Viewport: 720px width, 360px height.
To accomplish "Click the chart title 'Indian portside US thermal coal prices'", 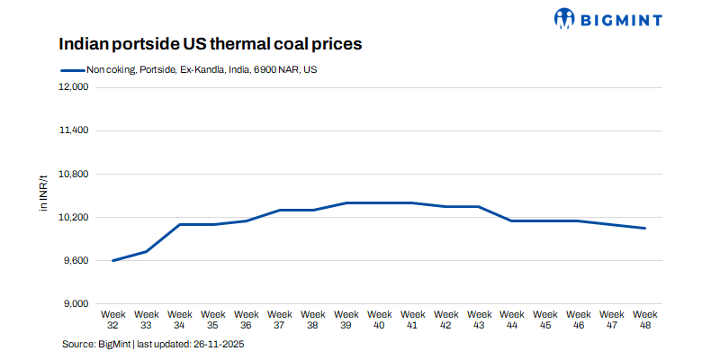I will coord(211,43).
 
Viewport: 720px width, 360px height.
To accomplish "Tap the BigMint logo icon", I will coord(564,18).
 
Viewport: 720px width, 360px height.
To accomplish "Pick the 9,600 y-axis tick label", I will coord(73,260).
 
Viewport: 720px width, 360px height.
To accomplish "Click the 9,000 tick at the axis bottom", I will coord(73,303).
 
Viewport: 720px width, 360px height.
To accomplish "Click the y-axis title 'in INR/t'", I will coord(42,195).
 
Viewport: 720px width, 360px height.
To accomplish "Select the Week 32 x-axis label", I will coord(113,319).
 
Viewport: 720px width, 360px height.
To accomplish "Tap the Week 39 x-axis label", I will coord(346,319).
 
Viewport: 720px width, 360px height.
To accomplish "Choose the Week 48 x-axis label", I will coord(645,319).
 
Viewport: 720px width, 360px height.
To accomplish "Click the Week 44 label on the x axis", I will coord(512,319).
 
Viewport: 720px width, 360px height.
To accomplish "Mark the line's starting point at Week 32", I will coord(113,260).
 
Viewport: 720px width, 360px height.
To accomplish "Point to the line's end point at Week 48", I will coord(645,228).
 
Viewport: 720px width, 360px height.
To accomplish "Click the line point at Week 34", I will coord(180,224).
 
